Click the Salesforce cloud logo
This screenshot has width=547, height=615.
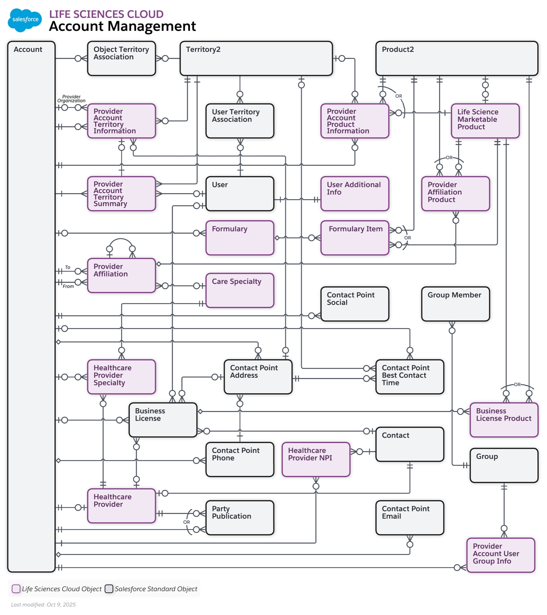25,20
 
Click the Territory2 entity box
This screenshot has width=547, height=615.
256,58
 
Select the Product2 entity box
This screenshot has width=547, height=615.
456,58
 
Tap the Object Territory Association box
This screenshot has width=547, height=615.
121,58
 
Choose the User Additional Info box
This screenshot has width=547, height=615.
355,193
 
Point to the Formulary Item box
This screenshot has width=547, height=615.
355,238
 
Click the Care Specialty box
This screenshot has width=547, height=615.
240,290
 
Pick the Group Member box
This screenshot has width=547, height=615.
455,304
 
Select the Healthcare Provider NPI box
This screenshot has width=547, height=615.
316,459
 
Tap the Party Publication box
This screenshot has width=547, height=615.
240,518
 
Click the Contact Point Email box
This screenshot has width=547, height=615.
410,518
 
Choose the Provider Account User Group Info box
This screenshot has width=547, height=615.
500,555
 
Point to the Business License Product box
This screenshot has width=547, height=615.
504,420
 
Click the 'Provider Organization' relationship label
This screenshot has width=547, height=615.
71,99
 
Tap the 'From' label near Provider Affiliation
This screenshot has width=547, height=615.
68,286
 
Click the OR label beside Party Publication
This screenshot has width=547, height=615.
186,522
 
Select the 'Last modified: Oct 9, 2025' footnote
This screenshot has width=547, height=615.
43,605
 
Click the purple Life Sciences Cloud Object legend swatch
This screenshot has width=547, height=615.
16,589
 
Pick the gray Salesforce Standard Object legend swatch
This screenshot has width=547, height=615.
109,589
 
